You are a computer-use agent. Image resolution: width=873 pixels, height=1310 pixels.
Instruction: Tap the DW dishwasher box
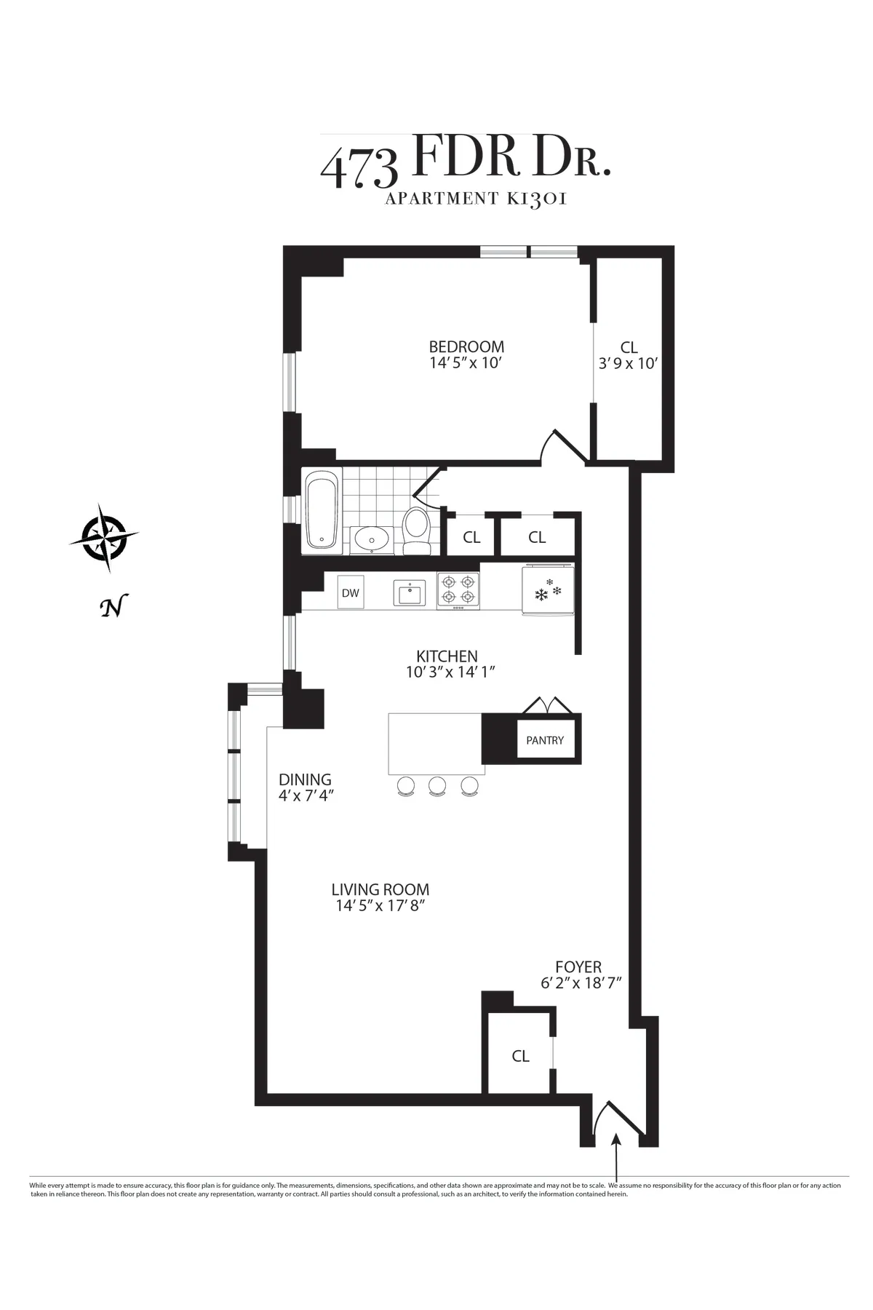pyautogui.click(x=351, y=592)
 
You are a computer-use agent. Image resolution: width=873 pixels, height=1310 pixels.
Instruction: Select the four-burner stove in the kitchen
pyautogui.click(x=458, y=590)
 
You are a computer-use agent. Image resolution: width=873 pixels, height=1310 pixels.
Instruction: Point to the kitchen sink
pyautogui.click(x=408, y=592)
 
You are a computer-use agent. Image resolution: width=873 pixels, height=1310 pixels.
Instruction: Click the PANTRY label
pyautogui.click(x=545, y=740)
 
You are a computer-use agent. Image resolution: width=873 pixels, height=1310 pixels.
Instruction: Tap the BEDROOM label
pyautogui.click(x=466, y=347)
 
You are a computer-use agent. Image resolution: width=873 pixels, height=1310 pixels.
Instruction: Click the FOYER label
pyautogui.click(x=578, y=967)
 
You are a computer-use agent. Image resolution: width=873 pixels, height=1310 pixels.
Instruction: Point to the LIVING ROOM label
pyautogui.click(x=380, y=889)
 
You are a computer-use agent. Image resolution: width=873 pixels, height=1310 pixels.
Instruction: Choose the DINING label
pyautogui.click(x=305, y=779)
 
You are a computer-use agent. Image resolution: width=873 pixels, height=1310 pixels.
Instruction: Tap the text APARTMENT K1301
pyautogui.click(x=475, y=199)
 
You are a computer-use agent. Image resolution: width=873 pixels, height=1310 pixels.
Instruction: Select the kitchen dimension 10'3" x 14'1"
pyautogui.click(x=450, y=672)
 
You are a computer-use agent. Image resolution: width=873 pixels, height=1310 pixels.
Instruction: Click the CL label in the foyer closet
pyautogui.click(x=520, y=1056)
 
